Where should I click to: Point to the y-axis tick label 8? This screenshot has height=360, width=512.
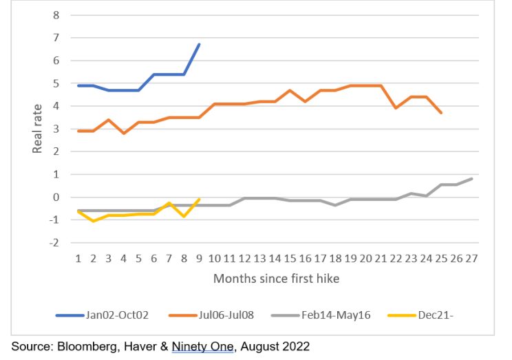click(56, 14)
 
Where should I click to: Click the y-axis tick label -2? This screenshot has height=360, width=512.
click(54, 242)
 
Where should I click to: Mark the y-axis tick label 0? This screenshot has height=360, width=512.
click(56, 197)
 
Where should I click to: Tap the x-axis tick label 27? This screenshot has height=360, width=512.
click(471, 260)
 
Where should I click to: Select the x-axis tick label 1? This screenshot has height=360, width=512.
click(78, 260)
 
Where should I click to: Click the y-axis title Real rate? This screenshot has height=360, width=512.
click(39, 128)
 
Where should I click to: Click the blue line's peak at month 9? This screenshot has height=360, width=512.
click(199, 44)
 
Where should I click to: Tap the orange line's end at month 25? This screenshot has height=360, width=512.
click(441, 113)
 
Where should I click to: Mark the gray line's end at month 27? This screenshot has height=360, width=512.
click(471, 179)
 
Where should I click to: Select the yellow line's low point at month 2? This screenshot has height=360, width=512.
click(93, 221)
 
